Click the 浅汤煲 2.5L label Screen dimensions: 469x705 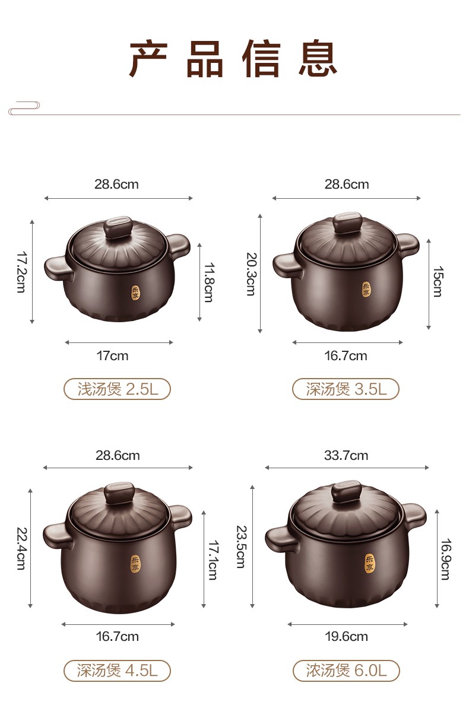click(x=118, y=389)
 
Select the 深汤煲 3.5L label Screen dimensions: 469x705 click(x=346, y=389)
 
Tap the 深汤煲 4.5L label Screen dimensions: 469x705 click(x=118, y=671)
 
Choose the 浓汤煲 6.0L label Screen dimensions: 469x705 click(x=346, y=671)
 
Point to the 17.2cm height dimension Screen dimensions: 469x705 click(x=21, y=272)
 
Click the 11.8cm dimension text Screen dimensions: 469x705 click(x=209, y=282)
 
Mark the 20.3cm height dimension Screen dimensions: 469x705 click(x=251, y=274)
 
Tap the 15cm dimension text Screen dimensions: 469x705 click(x=438, y=282)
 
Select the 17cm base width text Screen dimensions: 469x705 click(x=112, y=356)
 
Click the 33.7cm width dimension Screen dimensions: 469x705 click(x=346, y=456)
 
